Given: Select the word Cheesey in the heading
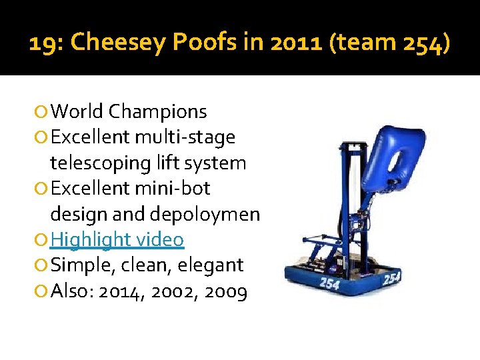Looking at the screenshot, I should tap(118, 43).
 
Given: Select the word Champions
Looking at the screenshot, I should tap(157, 112).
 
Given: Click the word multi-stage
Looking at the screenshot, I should tap(185, 137).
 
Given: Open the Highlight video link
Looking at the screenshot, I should tap(117, 239).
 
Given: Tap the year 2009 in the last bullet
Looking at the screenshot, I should tap(225, 291).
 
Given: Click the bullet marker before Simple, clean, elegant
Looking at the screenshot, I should tap(43, 265).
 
